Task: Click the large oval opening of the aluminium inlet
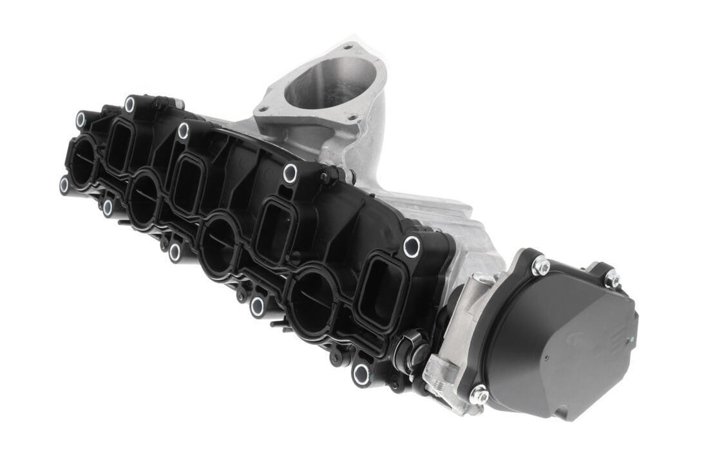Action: (330, 84)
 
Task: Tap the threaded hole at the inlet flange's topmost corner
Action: (348, 47)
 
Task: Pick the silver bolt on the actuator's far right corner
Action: (612, 279)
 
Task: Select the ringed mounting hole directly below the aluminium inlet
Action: (291, 173)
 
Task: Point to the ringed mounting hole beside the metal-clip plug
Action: (361, 374)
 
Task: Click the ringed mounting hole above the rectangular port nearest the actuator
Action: (412, 246)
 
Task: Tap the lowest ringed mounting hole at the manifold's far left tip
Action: (64, 185)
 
